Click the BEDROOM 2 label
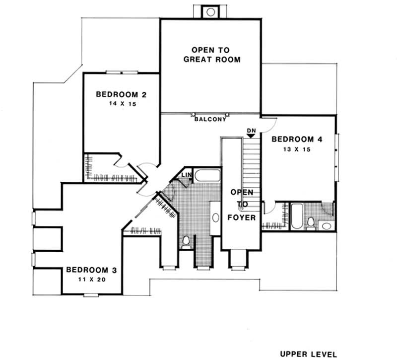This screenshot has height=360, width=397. pos(121,94)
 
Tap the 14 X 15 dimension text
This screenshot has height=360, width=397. pos(121,105)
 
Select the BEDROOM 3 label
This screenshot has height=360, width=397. pos(91,270)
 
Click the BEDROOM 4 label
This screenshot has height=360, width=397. pos(297,140)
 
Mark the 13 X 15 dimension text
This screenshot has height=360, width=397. pos(297,149)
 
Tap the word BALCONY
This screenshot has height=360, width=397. pos(210,119)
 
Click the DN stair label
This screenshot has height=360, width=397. pos(251,130)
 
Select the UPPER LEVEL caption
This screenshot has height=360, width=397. pos(309,354)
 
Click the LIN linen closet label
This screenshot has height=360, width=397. pos(187,175)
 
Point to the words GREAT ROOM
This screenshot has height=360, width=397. pos(212,60)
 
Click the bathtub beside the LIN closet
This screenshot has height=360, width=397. pos(207,175)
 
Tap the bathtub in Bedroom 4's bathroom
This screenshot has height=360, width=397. pos(296,216)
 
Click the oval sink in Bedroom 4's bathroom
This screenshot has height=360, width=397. pos(327,226)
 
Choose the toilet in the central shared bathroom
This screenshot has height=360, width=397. pos(187,242)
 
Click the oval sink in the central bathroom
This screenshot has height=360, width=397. pos(216,217)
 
